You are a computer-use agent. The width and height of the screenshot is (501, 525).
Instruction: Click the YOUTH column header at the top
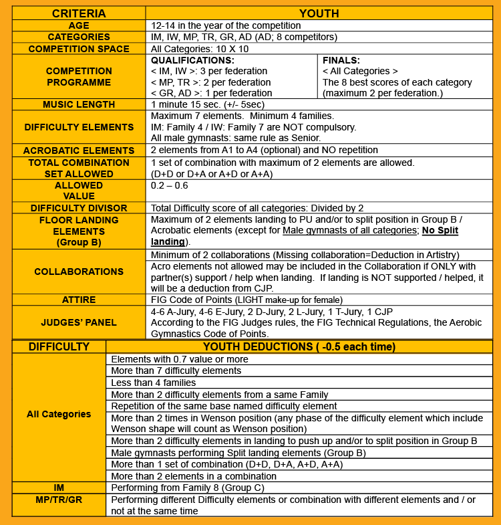tap(319, 13)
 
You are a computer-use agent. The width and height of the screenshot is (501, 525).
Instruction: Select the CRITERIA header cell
tap(79, 13)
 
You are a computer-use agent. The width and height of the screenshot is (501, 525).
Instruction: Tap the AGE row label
tap(79, 25)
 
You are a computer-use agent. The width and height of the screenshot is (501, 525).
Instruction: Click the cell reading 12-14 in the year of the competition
tap(226, 25)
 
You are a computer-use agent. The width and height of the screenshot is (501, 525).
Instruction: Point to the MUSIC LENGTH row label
tap(79, 104)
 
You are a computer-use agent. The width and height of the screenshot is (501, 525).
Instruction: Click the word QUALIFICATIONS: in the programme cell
tap(190, 60)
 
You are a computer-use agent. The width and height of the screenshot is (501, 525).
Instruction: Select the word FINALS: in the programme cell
tap(341, 60)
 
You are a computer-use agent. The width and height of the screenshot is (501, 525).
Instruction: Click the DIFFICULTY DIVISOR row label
tap(79, 208)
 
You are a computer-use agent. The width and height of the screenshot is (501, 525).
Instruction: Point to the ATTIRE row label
tap(79, 300)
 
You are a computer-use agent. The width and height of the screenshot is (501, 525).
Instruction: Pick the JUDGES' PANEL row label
tap(79, 322)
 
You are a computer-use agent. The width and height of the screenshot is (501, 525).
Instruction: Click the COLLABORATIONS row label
tap(79, 272)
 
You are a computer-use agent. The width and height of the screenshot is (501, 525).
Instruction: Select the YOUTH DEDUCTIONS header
tap(299, 346)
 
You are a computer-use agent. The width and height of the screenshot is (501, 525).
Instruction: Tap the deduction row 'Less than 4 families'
tap(154, 383)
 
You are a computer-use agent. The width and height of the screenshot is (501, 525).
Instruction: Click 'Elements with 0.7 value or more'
tap(178, 358)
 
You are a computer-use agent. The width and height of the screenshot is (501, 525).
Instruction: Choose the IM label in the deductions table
tap(59, 488)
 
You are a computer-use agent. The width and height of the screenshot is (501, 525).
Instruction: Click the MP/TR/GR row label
tap(59, 500)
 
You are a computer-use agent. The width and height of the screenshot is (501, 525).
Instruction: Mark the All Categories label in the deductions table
tap(59, 414)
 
